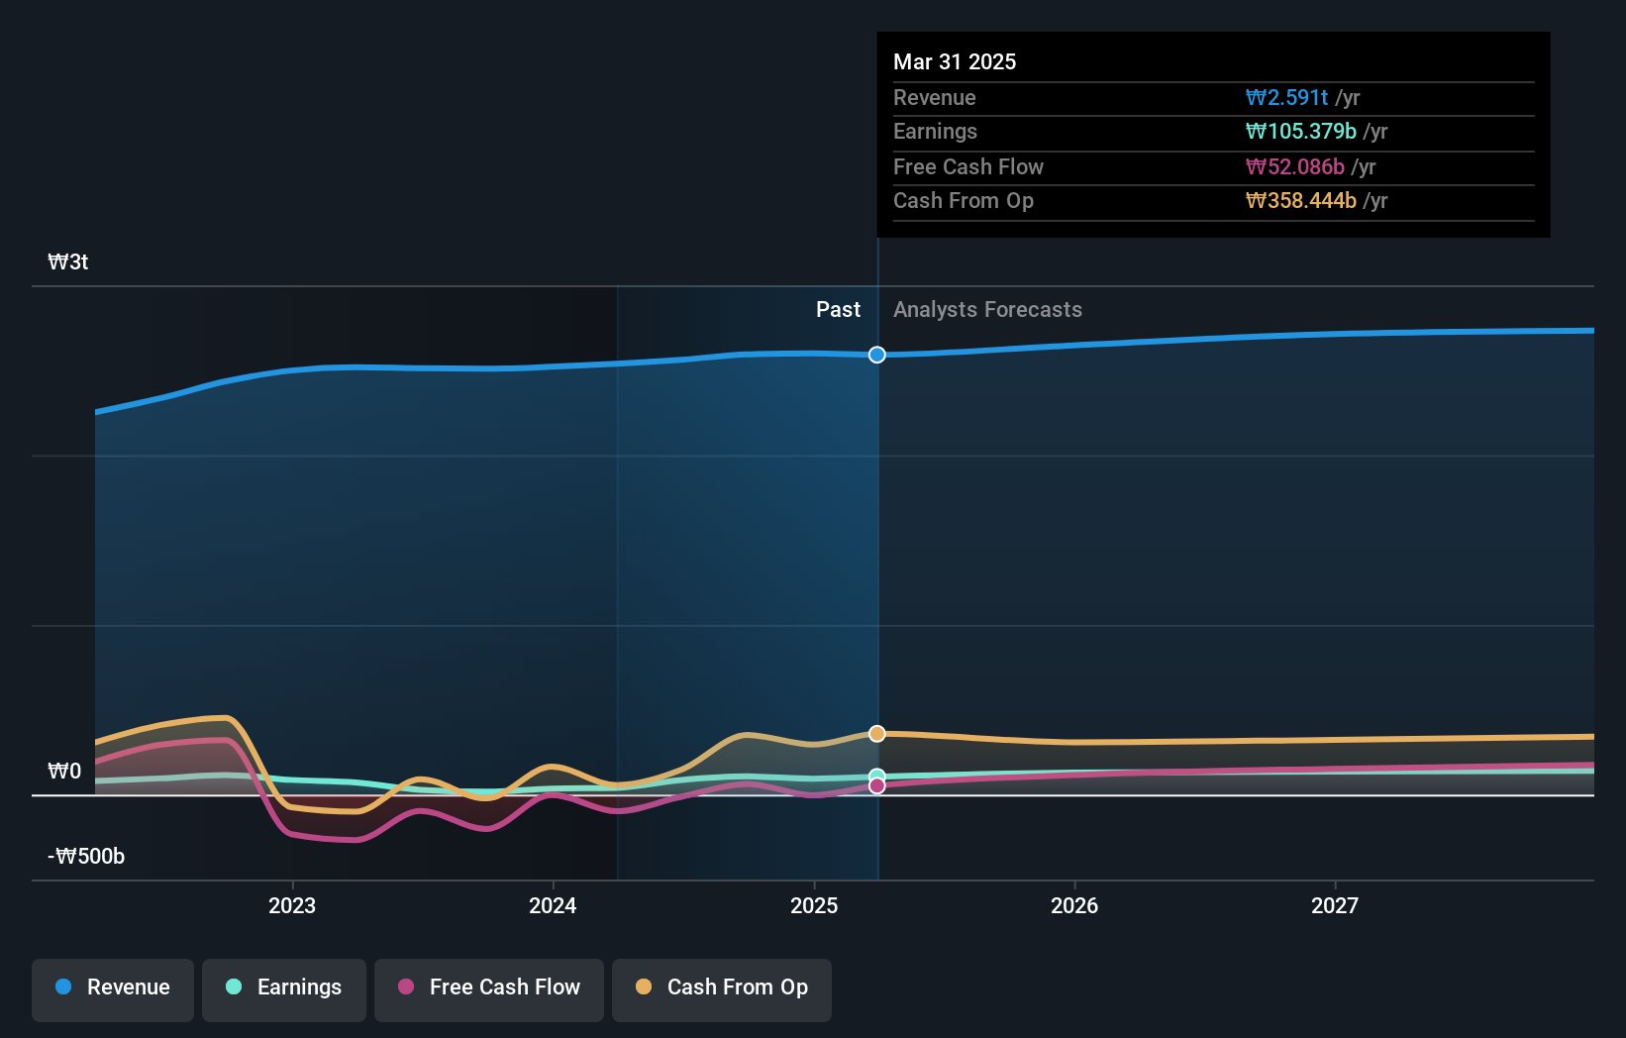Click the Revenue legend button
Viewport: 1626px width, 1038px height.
[x=113, y=987]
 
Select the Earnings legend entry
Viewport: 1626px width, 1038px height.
[x=284, y=987]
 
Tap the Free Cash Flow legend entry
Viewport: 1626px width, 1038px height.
[x=489, y=987]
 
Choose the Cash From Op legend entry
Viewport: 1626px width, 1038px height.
[x=722, y=987]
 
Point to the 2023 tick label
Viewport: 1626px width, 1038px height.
[x=292, y=905]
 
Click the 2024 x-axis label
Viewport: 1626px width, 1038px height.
[x=553, y=905]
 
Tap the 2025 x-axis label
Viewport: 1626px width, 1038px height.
[x=814, y=905]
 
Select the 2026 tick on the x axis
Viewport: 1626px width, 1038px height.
[x=1074, y=905]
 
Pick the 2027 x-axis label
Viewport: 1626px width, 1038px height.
[x=1335, y=905]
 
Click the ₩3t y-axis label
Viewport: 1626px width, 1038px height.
[x=68, y=262]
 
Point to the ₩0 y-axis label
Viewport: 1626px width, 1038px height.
[x=64, y=772]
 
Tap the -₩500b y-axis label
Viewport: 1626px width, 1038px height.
[x=86, y=857]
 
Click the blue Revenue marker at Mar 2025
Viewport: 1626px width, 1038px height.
[x=877, y=355]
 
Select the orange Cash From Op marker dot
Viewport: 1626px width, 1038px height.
[x=877, y=734]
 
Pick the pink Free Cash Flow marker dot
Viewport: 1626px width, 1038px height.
[x=877, y=786]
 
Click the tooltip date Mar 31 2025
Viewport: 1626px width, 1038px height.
[x=955, y=61]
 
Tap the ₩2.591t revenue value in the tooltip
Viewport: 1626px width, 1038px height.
[x=1286, y=97]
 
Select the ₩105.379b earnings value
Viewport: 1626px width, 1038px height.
[x=1300, y=132]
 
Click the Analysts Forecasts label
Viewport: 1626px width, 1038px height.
[x=987, y=310]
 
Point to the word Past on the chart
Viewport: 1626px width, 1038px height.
[x=838, y=310]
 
